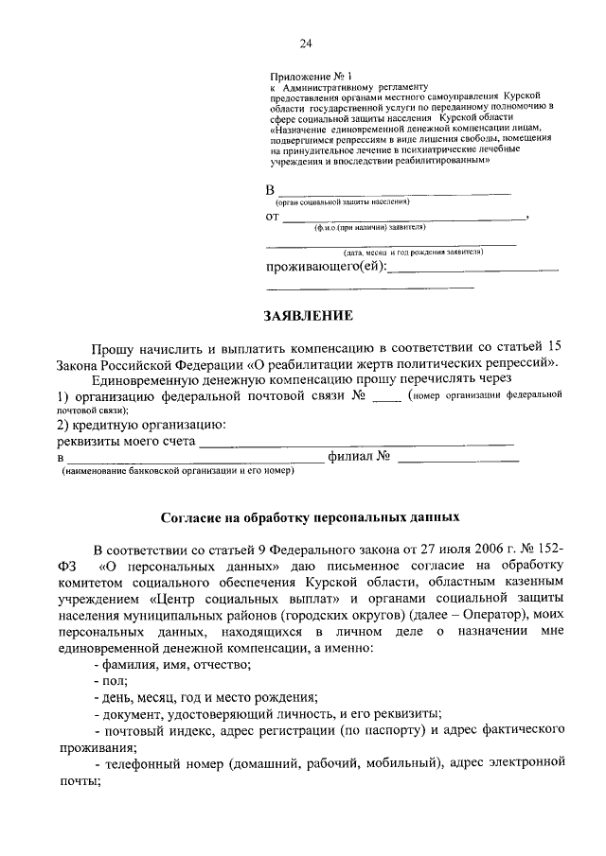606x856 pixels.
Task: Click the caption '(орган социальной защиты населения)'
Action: pyautogui.click(x=342, y=202)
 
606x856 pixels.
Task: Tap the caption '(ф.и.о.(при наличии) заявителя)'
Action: pyautogui.click(x=370, y=228)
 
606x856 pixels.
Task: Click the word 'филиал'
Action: pyautogui.click(x=351, y=457)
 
